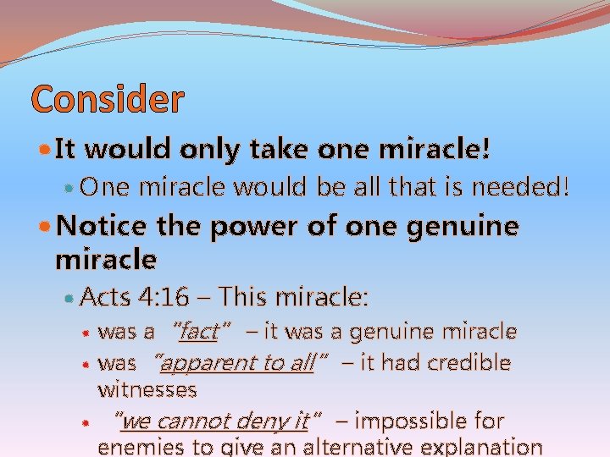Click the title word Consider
(107, 100)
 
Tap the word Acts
(106, 297)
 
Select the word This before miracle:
(249, 297)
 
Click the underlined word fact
(198, 332)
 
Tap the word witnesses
(147, 390)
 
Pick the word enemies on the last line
(139, 447)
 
